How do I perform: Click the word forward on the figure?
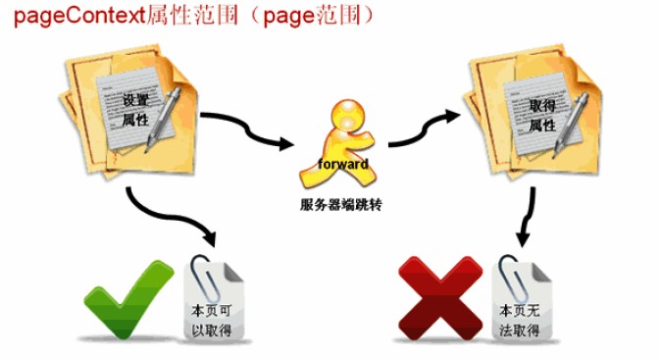343,164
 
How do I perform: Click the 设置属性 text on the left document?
136,111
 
